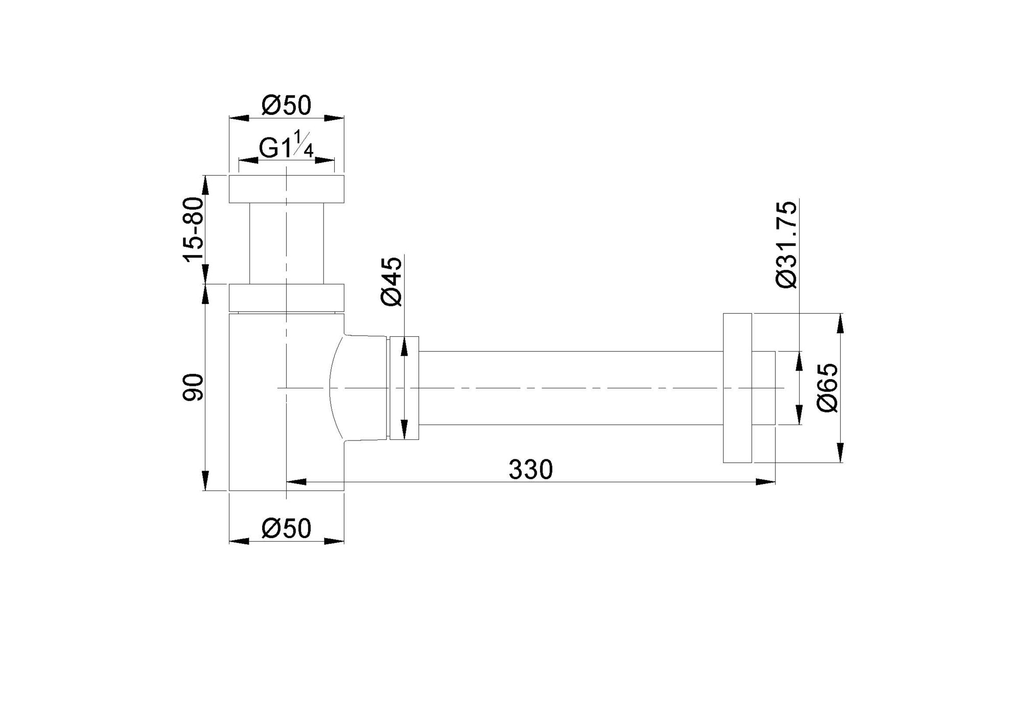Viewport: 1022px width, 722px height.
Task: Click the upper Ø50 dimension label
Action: tap(286, 106)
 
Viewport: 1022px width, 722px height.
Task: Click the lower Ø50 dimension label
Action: tap(286, 528)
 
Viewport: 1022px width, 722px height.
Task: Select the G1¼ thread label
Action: tap(286, 149)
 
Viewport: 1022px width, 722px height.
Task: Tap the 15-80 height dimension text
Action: tap(194, 229)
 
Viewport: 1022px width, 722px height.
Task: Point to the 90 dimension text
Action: tap(194, 387)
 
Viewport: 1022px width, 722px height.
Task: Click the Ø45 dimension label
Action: tap(392, 282)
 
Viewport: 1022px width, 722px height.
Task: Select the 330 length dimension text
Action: tap(530, 470)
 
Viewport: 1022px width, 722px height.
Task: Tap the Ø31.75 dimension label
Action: tap(786, 245)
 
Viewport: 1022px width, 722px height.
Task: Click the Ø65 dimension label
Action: tap(827, 387)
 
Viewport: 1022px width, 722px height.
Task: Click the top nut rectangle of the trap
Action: tap(286, 189)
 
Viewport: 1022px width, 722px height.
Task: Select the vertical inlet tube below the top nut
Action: tap(286, 243)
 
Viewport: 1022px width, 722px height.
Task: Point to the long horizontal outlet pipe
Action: tap(570, 388)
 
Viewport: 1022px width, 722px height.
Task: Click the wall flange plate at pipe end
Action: tap(737, 388)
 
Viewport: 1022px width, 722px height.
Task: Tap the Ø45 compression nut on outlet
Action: tap(404, 388)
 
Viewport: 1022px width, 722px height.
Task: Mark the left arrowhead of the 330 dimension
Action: tap(296, 481)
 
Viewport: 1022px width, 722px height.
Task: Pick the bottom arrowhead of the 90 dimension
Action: tap(205, 481)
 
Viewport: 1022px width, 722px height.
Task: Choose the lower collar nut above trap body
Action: tap(286, 297)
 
